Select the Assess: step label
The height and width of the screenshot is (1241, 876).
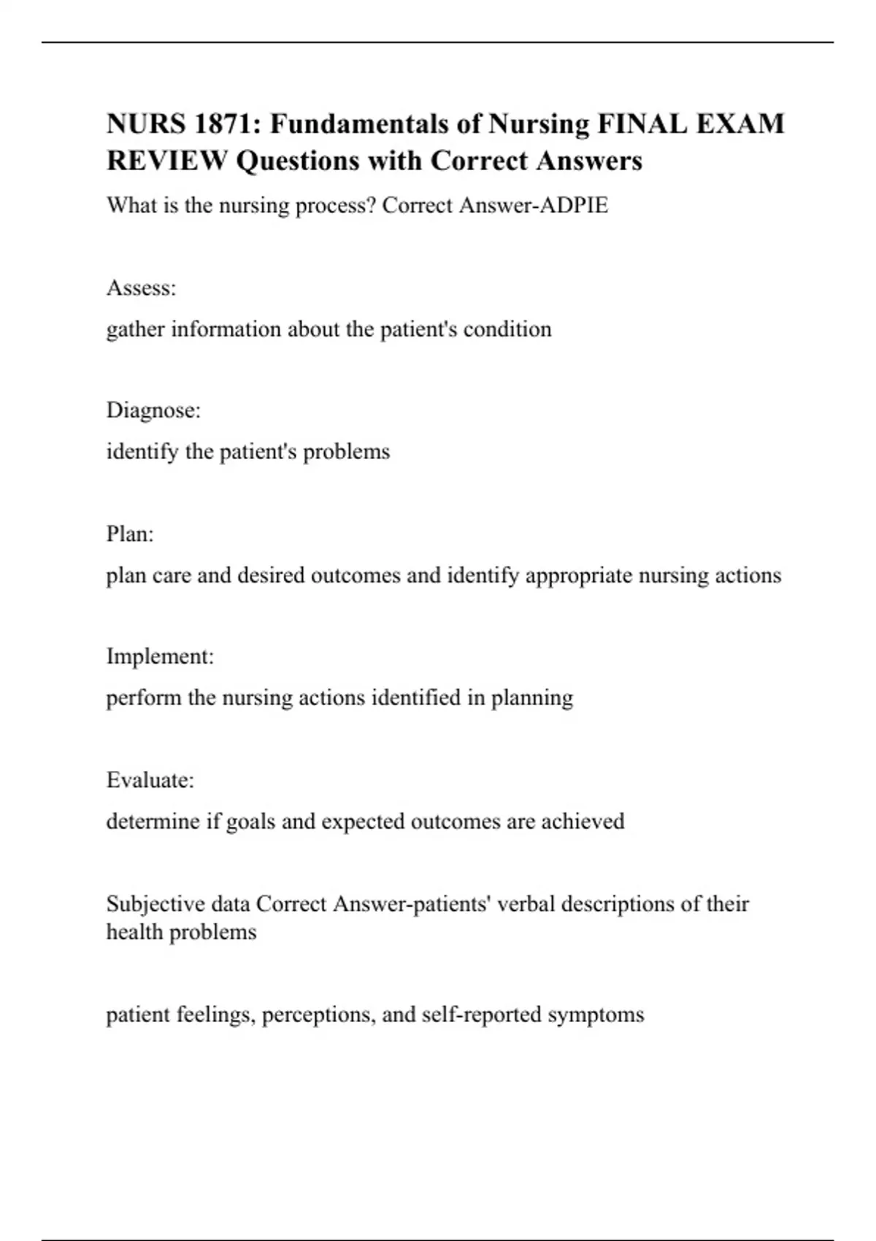142,288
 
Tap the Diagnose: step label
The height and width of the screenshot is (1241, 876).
153,411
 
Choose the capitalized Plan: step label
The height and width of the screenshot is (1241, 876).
130,534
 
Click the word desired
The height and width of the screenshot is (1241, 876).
271,575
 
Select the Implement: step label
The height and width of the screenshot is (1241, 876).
160,657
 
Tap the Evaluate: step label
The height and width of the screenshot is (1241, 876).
150,780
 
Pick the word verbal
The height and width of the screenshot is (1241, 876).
527,904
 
